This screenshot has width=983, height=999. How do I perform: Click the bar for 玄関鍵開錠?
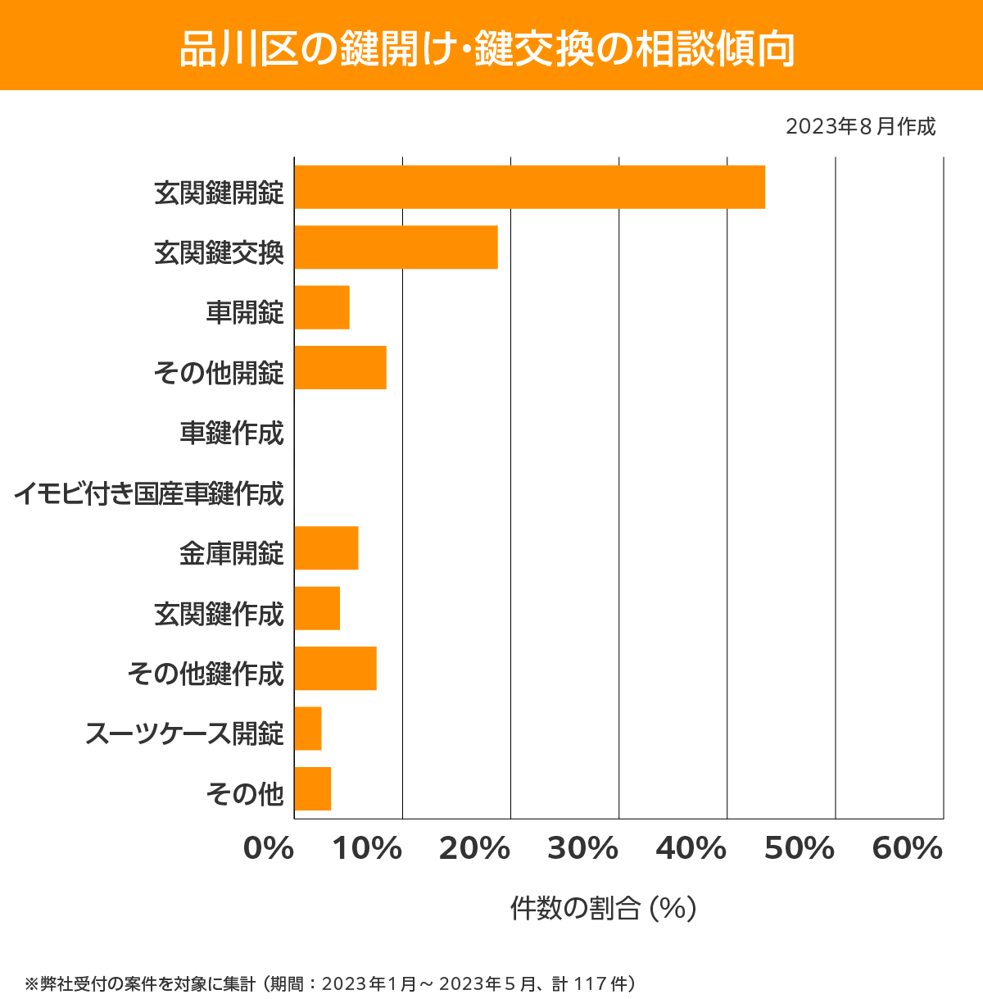coord(529,187)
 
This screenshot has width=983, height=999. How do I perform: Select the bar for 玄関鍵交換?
coord(396,247)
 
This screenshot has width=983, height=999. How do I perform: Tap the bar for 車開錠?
coord(322,307)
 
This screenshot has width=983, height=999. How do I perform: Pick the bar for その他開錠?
coord(340,367)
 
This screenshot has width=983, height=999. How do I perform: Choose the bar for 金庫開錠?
coord(326,547)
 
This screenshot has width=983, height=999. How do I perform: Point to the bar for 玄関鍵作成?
coord(317,608)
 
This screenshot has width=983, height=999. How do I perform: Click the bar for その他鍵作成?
coord(335,668)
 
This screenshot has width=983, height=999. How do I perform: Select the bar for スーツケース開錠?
coord(308,729)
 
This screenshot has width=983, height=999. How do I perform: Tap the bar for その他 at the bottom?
coord(312,788)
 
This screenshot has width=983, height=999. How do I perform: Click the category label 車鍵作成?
coord(232,433)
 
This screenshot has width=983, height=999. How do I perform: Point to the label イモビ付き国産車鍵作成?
coord(148,493)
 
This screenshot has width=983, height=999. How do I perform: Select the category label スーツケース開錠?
coord(184,733)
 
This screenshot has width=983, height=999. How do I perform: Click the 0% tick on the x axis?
coord(269,849)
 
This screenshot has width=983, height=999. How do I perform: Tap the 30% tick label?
coord(582,849)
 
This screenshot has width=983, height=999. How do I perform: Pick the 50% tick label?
coord(799,849)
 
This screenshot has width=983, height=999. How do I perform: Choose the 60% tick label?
coord(907,849)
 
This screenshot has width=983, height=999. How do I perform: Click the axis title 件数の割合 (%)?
coord(603,908)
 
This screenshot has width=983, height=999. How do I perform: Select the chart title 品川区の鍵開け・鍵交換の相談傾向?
coord(488,48)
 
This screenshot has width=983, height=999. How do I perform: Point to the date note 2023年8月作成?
coord(860,127)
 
